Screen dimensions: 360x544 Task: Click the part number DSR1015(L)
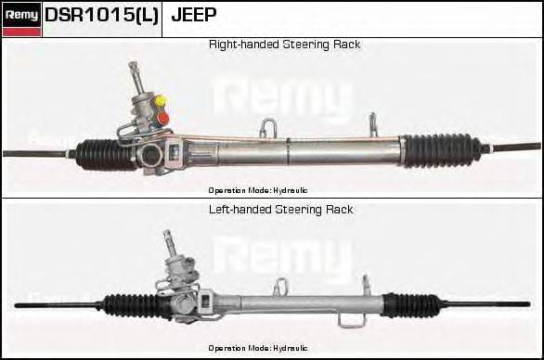[102, 16]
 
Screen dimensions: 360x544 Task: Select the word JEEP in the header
[194, 16]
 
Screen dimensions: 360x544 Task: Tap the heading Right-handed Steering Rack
[284, 45]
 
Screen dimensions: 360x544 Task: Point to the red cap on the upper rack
[162, 118]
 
